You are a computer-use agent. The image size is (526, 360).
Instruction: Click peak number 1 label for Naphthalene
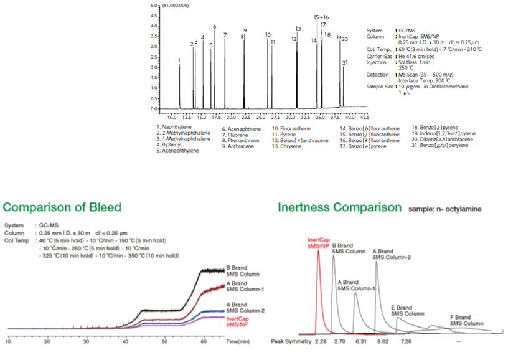tap(179, 60)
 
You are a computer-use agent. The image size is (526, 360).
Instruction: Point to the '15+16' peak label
tap(321, 17)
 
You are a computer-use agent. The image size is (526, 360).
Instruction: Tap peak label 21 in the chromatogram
tap(345, 62)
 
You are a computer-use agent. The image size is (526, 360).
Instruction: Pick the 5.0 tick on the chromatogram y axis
tap(154, 5)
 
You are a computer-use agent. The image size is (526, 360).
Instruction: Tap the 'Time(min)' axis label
tap(238, 342)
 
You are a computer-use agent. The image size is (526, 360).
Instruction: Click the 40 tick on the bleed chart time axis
tap(125, 342)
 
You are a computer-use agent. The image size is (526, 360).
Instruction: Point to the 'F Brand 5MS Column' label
tap(466, 320)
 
